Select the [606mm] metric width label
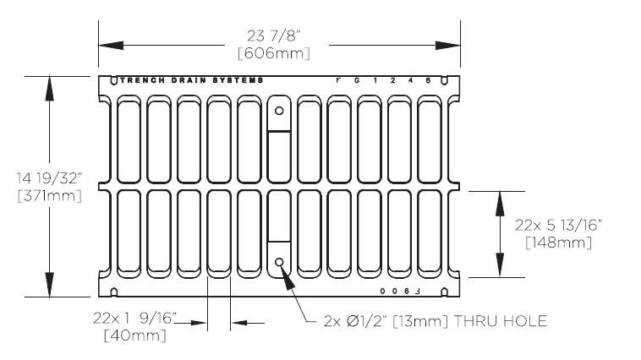tap(274, 53)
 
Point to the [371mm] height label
tap(49, 196)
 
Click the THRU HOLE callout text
tap(435, 321)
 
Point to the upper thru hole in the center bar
tap(279, 110)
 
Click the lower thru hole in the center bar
tap(279, 263)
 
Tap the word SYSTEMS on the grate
tap(240, 80)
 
